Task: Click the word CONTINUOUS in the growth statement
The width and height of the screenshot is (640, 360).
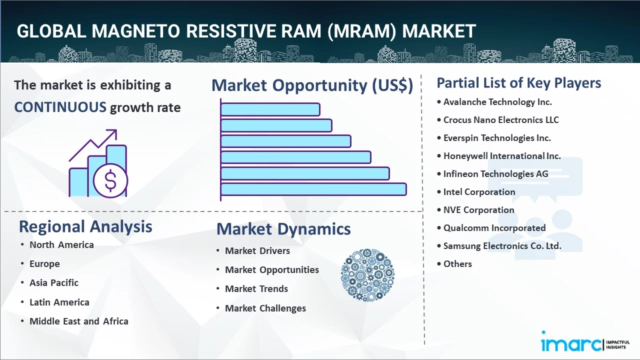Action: click(60, 107)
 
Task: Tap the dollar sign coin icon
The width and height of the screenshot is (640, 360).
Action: click(110, 181)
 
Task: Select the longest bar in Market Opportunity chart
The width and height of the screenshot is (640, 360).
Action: click(313, 189)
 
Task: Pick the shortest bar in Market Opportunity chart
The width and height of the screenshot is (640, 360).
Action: click(270, 109)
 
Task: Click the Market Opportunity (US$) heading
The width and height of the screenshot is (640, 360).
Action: click(312, 85)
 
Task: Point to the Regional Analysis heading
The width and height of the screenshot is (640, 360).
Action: click(85, 226)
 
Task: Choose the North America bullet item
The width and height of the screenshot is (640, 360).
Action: click(61, 244)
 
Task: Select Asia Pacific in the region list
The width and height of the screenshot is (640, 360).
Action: click(54, 282)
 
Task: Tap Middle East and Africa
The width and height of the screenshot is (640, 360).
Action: click(79, 321)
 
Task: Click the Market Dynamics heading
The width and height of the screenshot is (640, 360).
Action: click(283, 229)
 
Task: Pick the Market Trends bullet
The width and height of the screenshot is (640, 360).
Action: click(256, 288)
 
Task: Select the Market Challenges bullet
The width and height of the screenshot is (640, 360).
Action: click(265, 308)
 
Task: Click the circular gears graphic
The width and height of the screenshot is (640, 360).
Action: click(367, 275)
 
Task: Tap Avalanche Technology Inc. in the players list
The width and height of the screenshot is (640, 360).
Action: click(497, 102)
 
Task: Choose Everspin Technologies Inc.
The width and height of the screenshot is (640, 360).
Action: click(497, 138)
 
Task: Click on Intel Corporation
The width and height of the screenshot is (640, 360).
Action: click(479, 192)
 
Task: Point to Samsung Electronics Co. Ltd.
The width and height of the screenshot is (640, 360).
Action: click(502, 246)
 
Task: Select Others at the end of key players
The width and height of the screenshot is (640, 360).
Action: click(457, 264)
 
